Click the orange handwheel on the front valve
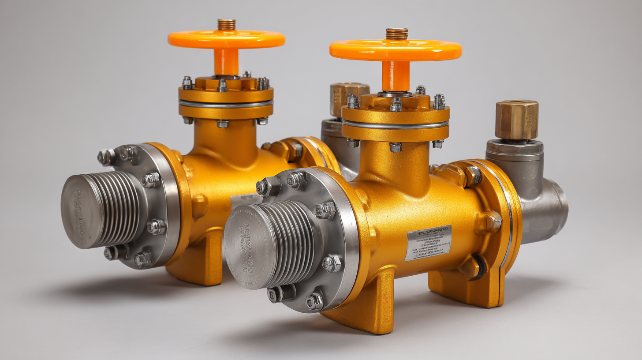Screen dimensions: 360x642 click(395, 50)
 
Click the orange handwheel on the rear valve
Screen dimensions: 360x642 click(226, 39)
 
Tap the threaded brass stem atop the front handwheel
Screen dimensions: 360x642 click(396, 34)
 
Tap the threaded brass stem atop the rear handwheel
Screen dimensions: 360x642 click(226, 24)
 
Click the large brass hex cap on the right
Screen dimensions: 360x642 click(516, 119)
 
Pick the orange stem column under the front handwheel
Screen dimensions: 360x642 click(396, 75)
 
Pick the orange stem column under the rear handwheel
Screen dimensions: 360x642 click(226, 61)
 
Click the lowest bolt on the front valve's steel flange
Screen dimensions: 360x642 click(314, 302)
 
